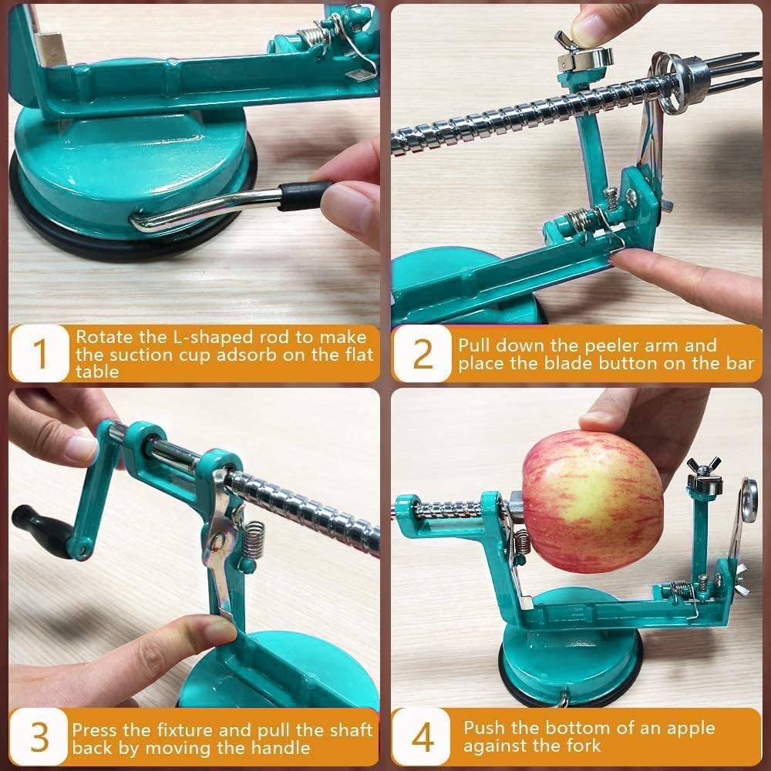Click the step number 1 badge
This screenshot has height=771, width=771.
(40, 354)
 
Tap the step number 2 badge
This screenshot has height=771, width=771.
(423, 354)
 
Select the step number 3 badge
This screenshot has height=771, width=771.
(39, 738)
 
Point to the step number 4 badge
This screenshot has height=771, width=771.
(423, 738)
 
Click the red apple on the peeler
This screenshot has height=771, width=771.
(592, 501)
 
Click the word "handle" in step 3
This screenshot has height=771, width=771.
(284, 747)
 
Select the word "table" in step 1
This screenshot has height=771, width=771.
(97, 372)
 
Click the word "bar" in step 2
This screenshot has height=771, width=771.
(738, 363)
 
